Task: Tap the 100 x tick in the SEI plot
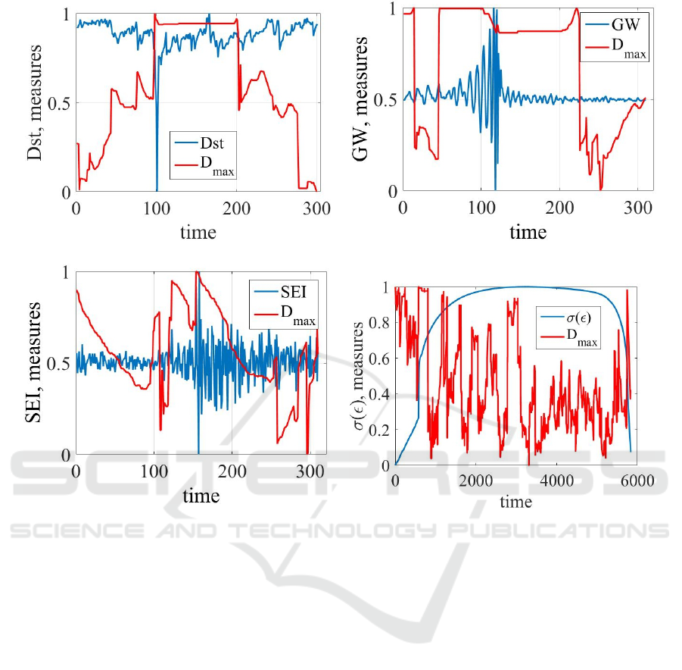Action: click(x=154, y=472)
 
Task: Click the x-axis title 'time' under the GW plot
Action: click(x=528, y=233)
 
